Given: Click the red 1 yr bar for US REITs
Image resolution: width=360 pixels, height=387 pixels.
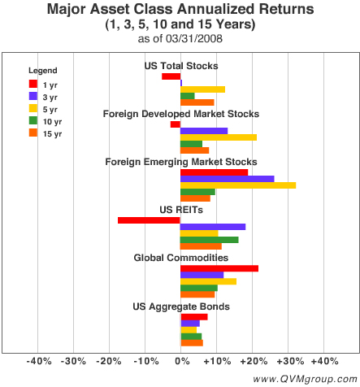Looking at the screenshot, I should (x=149, y=220).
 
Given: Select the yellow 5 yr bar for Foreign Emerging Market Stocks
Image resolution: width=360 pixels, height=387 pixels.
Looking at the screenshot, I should (x=237, y=185).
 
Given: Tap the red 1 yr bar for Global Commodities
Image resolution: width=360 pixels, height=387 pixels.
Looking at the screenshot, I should (x=219, y=268).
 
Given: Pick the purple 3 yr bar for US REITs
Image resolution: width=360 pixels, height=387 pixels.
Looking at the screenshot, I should (x=212, y=227).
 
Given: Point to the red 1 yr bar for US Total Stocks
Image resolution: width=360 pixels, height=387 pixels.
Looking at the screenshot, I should (x=171, y=76).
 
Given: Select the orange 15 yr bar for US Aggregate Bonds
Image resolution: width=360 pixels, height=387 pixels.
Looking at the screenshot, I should (x=191, y=343).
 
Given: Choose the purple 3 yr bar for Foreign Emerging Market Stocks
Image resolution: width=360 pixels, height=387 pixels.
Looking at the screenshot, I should (x=227, y=179).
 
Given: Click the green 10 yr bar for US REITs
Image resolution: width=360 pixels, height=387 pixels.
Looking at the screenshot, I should (x=209, y=240).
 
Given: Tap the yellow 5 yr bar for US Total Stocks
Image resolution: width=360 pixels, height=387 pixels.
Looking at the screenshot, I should (x=202, y=89).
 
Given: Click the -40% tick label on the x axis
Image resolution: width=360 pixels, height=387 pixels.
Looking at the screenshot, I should (x=38, y=361).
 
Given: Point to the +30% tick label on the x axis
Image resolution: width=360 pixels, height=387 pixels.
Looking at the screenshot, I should (x=288, y=361).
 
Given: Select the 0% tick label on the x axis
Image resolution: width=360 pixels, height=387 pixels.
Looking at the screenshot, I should (x=180, y=361).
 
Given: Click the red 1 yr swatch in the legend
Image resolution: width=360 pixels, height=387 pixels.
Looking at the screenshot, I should (x=33, y=83).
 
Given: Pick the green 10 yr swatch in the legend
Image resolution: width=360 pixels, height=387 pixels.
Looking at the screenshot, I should (x=33, y=120).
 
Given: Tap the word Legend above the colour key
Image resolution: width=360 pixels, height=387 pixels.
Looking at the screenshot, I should (x=42, y=70).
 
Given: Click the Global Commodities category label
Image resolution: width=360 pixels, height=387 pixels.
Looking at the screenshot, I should (x=180, y=258).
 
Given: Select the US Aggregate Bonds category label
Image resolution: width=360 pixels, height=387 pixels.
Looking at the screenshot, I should (x=180, y=307).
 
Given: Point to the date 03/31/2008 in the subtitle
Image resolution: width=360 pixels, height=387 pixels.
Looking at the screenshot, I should (x=197, y=39).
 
